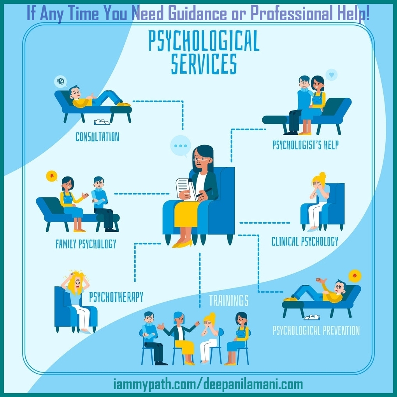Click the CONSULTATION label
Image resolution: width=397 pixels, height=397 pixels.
(x=97, y=137)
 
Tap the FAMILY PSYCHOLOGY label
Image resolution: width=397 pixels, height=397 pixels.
(x=86, y=244)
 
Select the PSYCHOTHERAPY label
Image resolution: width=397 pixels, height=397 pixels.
(x=116, y=297)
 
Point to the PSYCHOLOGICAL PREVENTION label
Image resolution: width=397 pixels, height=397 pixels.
(x=316, y=331)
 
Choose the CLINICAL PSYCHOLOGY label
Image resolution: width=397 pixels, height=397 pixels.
(x=305, y=242)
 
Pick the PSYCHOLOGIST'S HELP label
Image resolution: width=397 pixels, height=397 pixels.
(x=305, y=145)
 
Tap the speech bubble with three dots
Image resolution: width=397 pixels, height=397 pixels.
(x=181, y=146)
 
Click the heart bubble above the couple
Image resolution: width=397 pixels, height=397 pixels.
(x=331, y=74)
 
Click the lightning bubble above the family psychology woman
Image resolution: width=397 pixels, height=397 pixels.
(x=51, y=176)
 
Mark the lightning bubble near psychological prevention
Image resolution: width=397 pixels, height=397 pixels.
(x=355, y=276)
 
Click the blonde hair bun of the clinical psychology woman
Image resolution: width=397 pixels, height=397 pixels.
(x=322, y=176)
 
